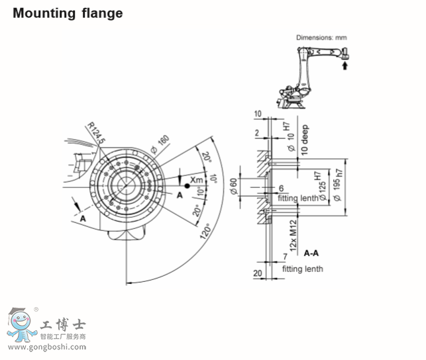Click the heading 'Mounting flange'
(x=68, y=13)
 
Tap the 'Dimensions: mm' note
(x=321, y=38)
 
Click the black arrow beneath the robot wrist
(x=344, y=64)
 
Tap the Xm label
(x=197, y=179)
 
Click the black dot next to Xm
(x=187, y=187)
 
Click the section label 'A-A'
(x=311, y=253)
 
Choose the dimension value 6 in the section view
(x=281, y=189)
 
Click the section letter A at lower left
(x=83, y=217)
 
